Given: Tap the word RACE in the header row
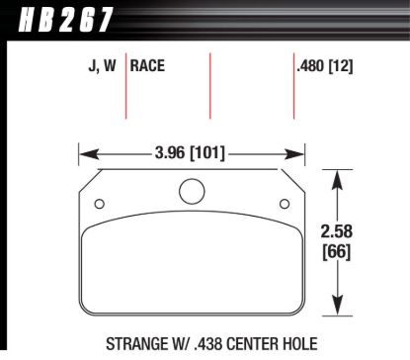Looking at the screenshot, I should pos(148,67).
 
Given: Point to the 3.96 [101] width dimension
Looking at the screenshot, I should pos(191,153).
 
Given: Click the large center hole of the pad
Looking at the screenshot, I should pos(191,191).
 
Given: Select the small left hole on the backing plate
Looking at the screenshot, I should pos(98,205).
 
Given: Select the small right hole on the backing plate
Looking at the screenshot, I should pos(284,205).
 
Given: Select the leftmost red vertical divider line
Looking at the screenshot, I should pos(125,84).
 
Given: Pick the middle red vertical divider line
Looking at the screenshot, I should pos(210,84).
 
